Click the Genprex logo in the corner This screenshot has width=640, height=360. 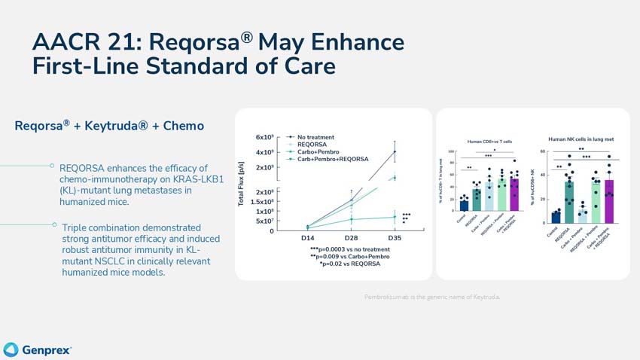pos(38,349)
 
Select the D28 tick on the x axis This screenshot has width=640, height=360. pos(351,238)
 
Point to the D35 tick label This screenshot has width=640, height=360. pos(394,238)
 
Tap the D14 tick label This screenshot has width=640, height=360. pos(308,238)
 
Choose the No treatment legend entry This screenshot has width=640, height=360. pos(315,137)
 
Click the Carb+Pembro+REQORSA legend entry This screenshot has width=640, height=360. pos(332,159)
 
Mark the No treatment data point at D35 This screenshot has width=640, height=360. pos(395,151)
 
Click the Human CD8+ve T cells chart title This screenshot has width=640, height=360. pos(489,142)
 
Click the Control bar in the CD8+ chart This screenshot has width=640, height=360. pos(464,206)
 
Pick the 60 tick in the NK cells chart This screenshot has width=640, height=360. pos(543,151)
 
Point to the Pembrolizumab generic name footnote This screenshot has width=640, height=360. pos(431,297)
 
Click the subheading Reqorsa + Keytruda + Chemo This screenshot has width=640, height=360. pos(109,126)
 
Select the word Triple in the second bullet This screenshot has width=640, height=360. pos(75,227)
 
